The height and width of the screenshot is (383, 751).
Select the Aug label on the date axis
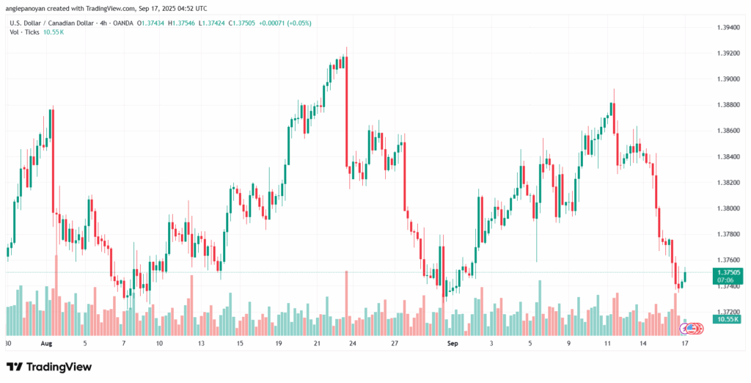pyautogui.click(x=46, y=343)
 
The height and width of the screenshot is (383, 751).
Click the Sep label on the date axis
pyautogui.click(x=452, y=343)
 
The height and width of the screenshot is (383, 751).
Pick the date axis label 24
pyautogui.click(x=353, y=343)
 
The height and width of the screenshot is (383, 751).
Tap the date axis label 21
pyautogui.click(x=317, y=343)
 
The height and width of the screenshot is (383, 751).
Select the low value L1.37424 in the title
pyautogui.click(x=211, y=23)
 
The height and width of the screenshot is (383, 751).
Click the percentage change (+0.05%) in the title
pyautogui.click(x=299, y=23)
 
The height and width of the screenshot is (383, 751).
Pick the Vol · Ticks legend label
pyautogui.click(x=25, y=32)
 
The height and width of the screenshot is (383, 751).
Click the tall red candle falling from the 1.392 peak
pyautogui.click(x=346, y=110)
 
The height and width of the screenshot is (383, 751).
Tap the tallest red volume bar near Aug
pyautogui.click(x=56, y=295)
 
